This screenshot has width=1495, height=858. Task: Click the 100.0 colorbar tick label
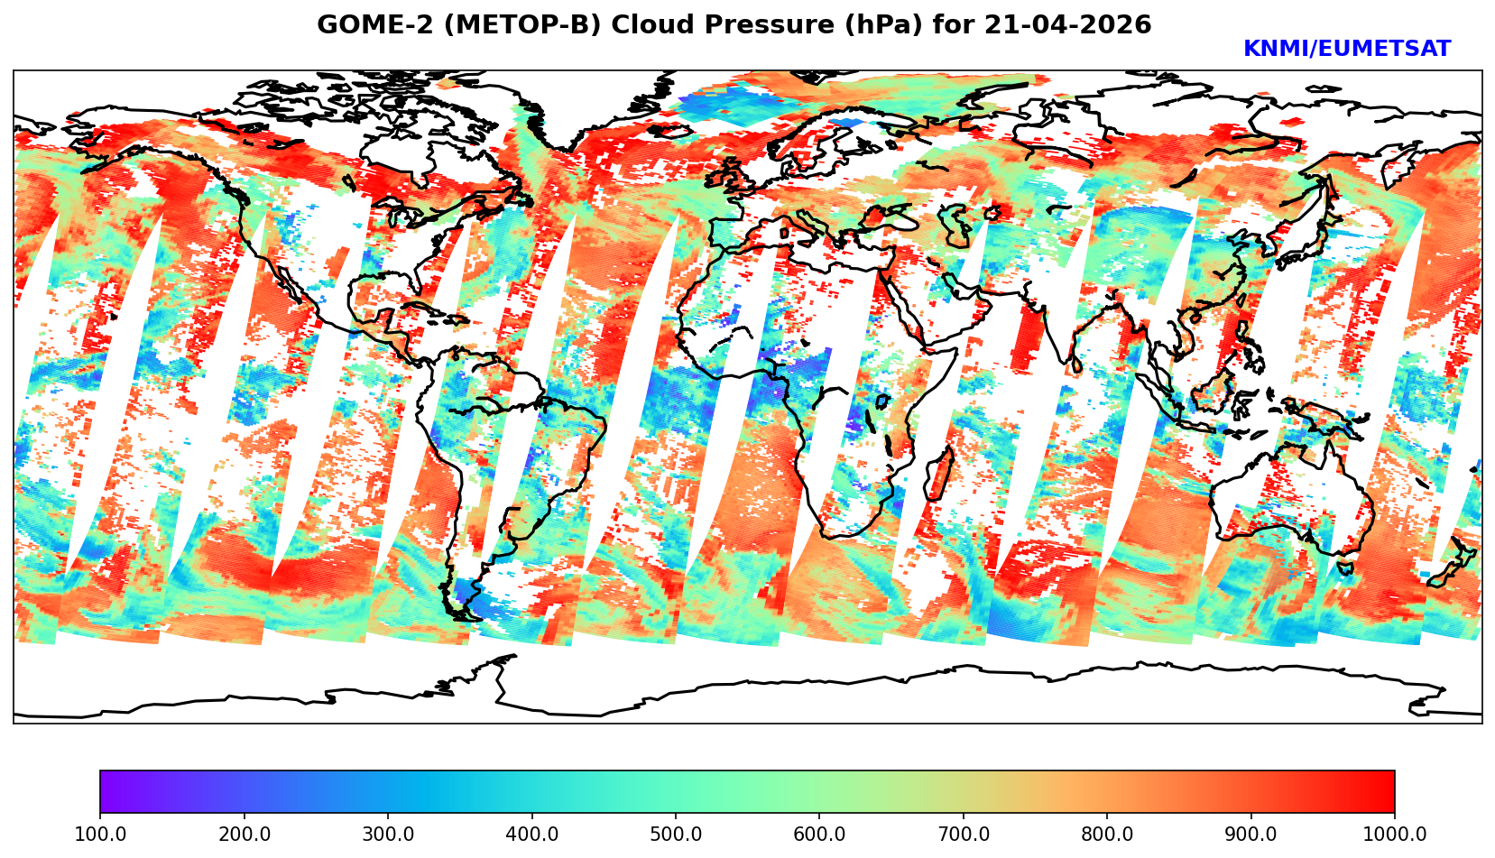(100, 834)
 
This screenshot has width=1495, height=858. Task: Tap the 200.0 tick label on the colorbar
(244, 834)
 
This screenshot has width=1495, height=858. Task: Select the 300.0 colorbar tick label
(388, 834)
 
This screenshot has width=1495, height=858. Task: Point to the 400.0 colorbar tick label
(531, 834)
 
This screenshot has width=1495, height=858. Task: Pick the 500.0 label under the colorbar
(676, 834)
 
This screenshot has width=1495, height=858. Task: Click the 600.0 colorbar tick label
(819, 834)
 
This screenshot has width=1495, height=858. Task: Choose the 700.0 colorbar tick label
(964, 834)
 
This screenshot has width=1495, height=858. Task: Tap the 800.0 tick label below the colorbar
(1107, 834)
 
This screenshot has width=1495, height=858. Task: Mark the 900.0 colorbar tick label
(1251, 834)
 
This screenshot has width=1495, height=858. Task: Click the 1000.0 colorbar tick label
(1394, 834)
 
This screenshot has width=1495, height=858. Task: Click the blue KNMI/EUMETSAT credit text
(1346, 50)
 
